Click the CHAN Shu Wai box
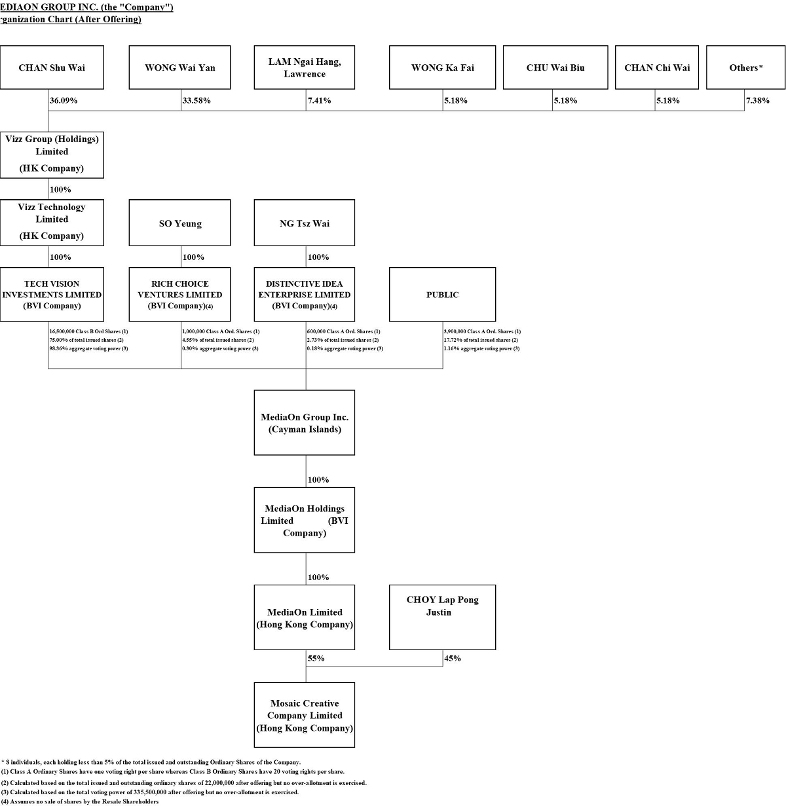tap(52, 67)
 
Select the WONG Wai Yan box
tap(179, 67)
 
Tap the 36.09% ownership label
tap(64, 101)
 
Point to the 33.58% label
tap(196, 101)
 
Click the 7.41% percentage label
tap(319, 101)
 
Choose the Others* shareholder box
tap(745, 67)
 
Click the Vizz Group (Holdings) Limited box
tap(52, 154)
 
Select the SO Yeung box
tap(179, 223)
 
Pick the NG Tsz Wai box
tap(305, 223)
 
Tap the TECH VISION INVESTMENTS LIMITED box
tap(52, 295)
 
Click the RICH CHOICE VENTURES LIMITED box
tap(179, 295)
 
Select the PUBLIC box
tap(442, 295)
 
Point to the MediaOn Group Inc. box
tap(305, 423)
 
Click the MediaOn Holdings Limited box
tap(305, 521)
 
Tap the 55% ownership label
tap(316, 659)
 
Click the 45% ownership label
tap(453, 659)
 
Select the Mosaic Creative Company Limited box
tap(305, 715)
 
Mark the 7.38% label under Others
tap(758, 101)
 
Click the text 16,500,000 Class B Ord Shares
tap(88, 332)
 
